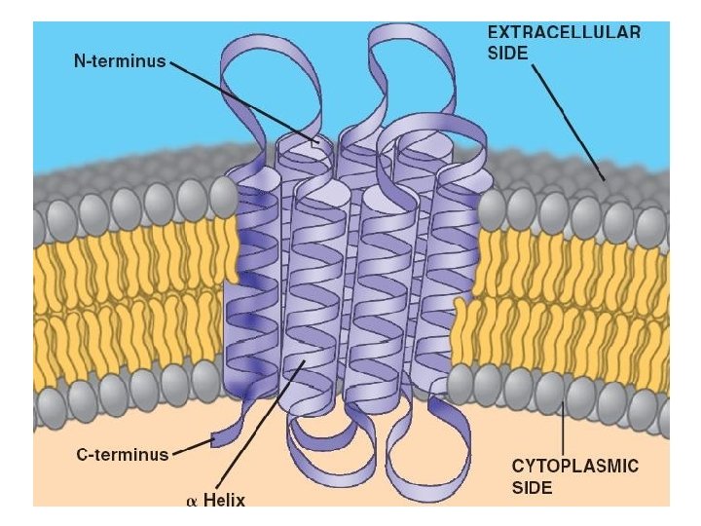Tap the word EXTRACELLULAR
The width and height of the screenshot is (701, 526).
[564, 32]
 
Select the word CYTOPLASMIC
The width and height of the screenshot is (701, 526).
[575, 467]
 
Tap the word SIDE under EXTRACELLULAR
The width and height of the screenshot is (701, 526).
[507, 54]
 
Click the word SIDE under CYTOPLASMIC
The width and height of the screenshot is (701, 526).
[534, 487]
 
